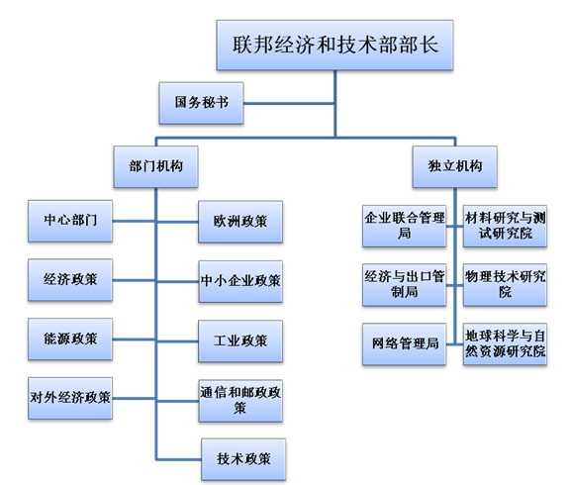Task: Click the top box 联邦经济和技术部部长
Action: point(334,46)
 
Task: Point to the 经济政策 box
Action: point(70,279)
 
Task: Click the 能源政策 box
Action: point(70,339)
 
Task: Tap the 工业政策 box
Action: point(240,341)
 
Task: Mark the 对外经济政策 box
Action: point(70,398)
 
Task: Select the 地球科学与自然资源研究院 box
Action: point(505,342)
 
